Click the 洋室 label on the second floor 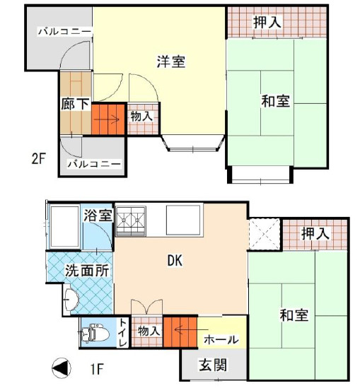[x=170, y=61]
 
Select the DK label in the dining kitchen [x=175, y=261]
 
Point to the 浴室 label [x=98, y=216]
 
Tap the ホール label [x=221, y=340]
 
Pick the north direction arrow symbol [x=62, y=369]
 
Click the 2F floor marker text [x=38, y=158]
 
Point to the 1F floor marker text [x=96, y=368]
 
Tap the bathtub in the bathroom [x=65, y=225]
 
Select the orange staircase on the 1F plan [x=180, y=332]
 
